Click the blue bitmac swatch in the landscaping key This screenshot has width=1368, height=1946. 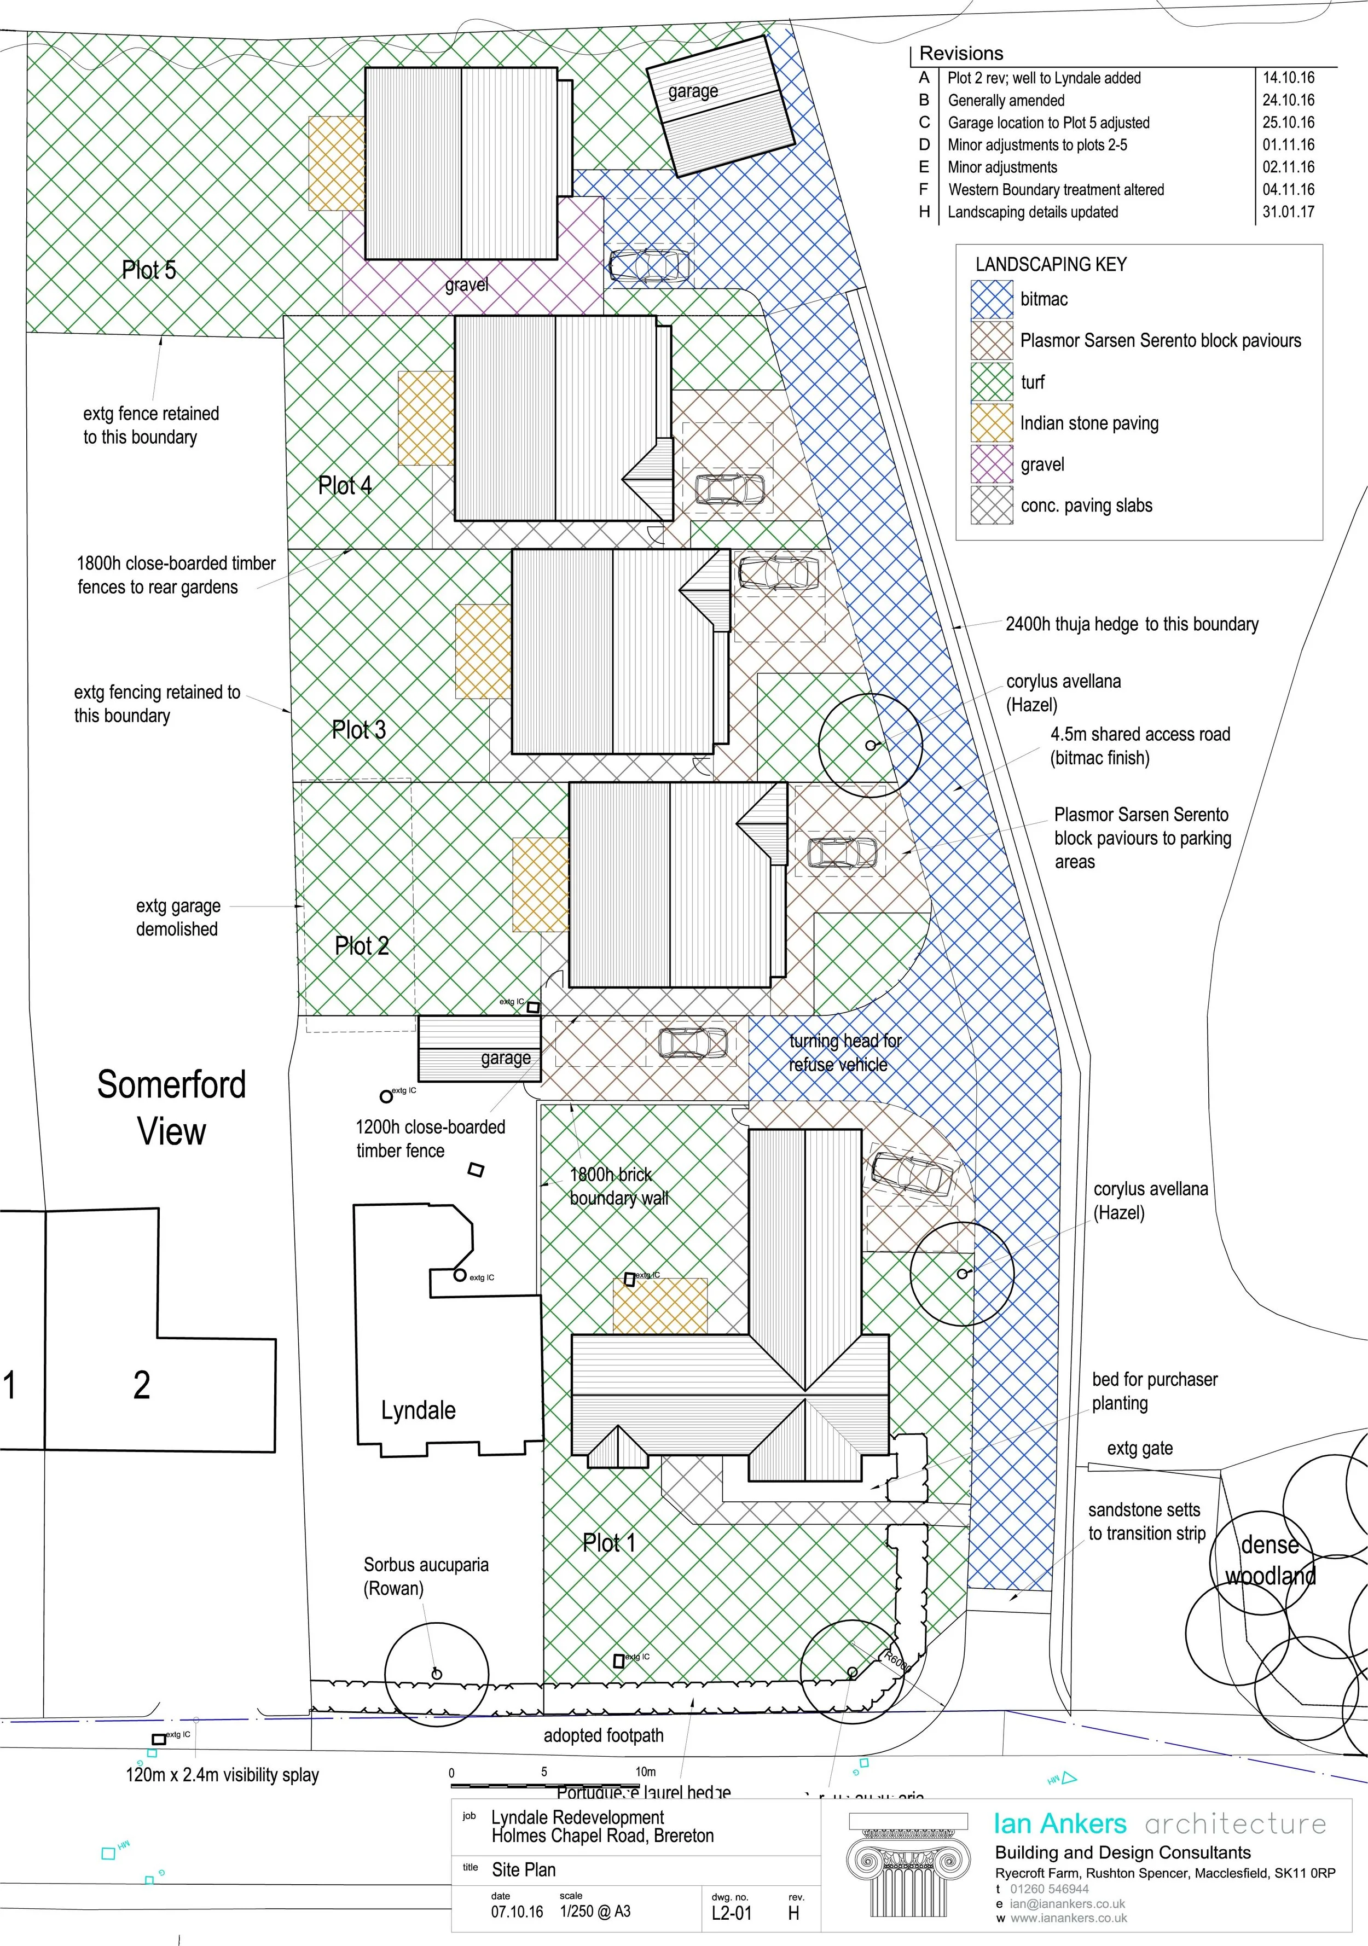(992, 299)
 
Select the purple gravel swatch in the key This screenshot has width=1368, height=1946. (992, 464)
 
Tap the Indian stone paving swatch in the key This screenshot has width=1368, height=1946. (992, 423)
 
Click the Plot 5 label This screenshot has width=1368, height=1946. (149, 270)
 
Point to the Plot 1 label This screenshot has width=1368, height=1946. (608, 1543)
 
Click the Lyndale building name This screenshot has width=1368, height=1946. (418, 1410)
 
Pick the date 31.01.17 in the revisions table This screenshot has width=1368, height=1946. (1288, 212)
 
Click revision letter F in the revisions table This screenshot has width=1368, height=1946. (924, 189)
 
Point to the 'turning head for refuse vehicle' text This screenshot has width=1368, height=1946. (844, 1053)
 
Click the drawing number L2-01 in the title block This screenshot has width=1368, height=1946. (732, 1913)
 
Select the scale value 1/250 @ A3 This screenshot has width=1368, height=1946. (594, 1911)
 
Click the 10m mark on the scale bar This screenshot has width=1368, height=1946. (646, 1771)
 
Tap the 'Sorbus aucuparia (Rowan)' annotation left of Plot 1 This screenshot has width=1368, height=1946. (426, 1577)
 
